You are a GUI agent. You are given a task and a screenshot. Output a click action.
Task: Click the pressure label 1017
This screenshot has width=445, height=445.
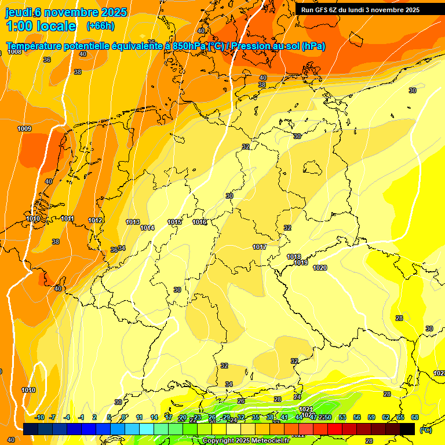click(260, 247)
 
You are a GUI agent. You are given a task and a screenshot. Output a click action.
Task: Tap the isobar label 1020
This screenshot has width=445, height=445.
click(320, 268)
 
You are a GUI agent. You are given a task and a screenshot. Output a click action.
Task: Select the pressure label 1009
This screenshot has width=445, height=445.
click(24, 129)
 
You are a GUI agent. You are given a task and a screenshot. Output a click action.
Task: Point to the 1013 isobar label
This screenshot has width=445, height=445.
click(133, 222)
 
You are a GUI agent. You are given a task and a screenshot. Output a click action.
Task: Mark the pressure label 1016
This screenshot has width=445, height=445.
click(199, 222)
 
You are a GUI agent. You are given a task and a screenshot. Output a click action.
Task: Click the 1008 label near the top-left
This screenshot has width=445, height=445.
click(14, 52)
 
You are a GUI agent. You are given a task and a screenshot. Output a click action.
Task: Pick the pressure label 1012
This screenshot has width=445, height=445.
click(96, 221)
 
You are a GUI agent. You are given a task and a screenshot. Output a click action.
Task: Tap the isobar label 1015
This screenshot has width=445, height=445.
click(174, 222)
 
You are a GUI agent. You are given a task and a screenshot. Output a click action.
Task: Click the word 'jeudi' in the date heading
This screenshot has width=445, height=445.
click(19, 12)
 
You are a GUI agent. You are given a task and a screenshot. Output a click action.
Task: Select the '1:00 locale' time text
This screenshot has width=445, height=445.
click(41, 26)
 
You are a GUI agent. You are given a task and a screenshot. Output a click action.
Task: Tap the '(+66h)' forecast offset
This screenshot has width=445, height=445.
click(100, 26)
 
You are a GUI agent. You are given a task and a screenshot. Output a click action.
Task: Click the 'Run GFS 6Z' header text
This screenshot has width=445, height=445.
click(322, 10)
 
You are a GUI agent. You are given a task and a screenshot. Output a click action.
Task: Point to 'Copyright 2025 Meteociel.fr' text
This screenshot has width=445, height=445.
click(246, 441)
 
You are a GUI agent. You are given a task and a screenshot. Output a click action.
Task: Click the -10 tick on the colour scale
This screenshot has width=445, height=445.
click(39, 417)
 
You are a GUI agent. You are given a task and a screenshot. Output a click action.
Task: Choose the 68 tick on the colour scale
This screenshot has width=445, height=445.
click(415, 417)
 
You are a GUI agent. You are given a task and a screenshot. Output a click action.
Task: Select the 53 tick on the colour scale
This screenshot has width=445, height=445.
click(342, 417)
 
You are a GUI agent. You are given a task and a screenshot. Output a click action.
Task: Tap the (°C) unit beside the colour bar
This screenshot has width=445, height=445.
click(425, 429)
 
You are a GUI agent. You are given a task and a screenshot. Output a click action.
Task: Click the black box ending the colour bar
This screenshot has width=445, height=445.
click(407, 429)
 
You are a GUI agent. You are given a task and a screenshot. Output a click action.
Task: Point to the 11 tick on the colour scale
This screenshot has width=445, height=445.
click(139, 417)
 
